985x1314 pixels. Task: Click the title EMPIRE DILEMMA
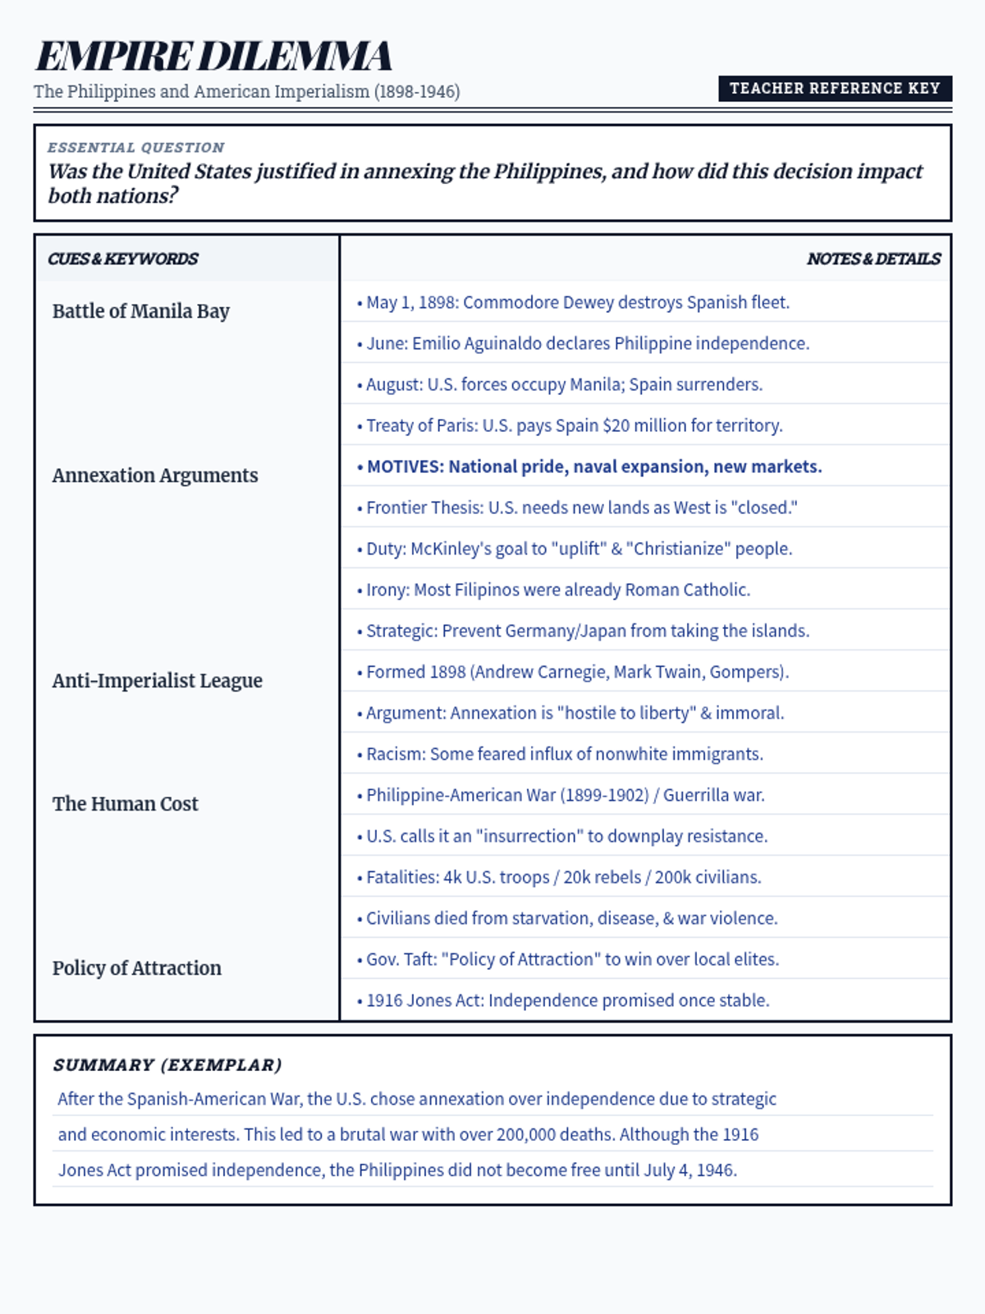coord(213,56)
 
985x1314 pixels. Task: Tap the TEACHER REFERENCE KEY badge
coord(835,88)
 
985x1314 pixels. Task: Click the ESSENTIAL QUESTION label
coord(135,148)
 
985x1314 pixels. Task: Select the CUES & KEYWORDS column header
coord(123,259)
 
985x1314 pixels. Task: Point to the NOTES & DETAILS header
coord(873,259)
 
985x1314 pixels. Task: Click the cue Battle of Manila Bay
coord(141,311)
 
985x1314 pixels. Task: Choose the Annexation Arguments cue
coord(155,476)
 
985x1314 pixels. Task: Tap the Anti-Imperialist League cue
coord(158,681)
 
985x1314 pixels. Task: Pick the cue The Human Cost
coord(126,804)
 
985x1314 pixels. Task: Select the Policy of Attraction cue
coord(137,968)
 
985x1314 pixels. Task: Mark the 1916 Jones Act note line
coord(568,1000)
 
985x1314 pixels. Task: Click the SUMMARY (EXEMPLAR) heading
coord(167,1065)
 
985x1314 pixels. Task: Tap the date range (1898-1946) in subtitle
coord(417,91)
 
